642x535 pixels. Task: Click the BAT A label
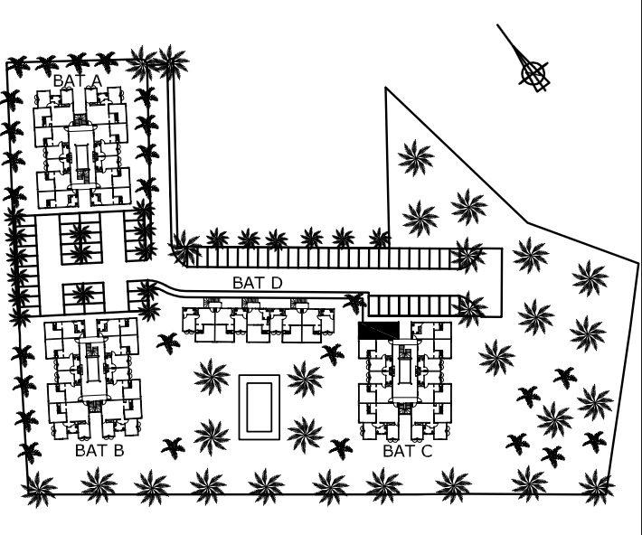pos(78,80)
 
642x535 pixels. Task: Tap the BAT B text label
pos(99,450)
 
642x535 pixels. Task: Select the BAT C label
pos(408,451)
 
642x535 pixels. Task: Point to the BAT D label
pos(258,283)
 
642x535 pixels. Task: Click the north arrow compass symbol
pos(534,73)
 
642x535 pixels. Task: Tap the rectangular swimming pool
pos(260,407)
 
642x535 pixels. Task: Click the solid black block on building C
pos(378,331)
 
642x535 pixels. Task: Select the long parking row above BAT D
pos(326,258)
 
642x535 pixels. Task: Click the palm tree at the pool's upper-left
pos(212,374)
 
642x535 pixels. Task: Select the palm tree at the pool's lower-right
pos(305,434)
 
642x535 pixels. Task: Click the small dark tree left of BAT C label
pos(341,446)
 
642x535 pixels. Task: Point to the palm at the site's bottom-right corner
pos(596,488)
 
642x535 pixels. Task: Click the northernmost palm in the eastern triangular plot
pos(415,158)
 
